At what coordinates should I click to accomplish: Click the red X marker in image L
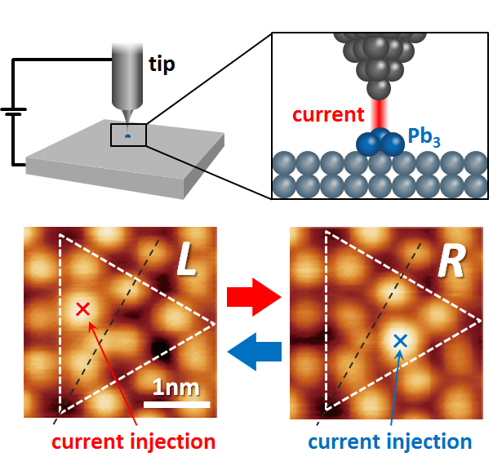(82, 308)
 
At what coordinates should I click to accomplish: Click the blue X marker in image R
(399, 342)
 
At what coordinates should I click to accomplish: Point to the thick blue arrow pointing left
(253, 352)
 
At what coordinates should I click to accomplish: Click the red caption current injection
(133, 442)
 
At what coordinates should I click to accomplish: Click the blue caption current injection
(389, 442)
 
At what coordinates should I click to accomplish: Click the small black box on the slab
(128, 134)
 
